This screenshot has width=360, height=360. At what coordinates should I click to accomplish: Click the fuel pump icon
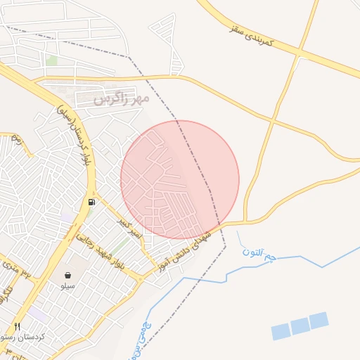[92, 202]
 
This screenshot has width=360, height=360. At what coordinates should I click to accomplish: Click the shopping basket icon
[67, 275]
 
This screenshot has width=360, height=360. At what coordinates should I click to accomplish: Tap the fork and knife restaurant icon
[18, 326]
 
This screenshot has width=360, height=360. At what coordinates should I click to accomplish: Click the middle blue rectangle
[300, 326]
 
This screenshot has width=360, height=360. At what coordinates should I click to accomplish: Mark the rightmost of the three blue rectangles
[319, 320]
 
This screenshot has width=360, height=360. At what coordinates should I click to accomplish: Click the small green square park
[51, 60]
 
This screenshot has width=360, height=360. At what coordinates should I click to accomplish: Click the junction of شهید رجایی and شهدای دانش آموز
[140, 278]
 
